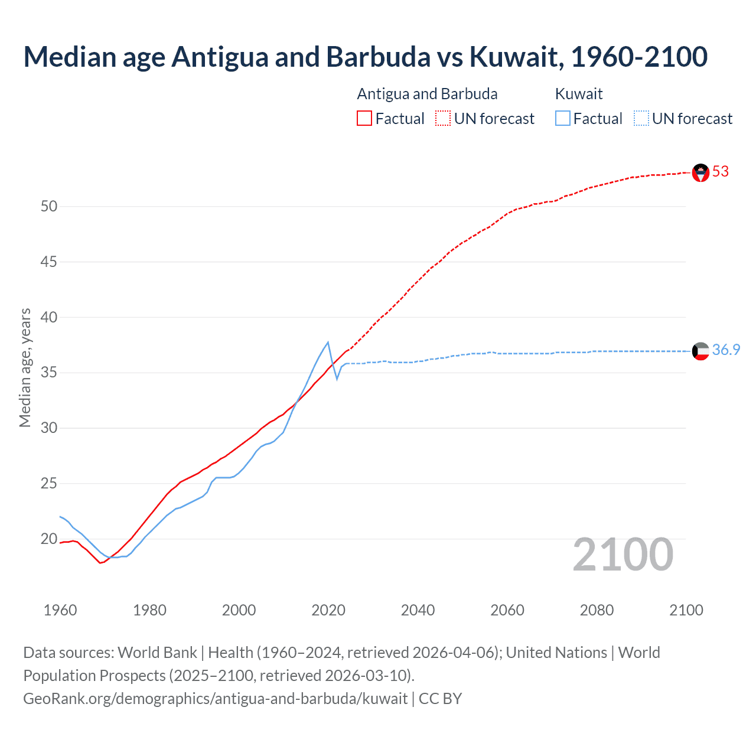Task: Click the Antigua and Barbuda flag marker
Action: [700, 172]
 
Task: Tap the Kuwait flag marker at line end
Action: [700, 351]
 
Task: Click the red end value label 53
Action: [721, 172]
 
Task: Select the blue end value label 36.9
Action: [726, 350]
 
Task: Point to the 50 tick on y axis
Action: [49, 207]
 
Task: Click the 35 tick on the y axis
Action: [49, 373]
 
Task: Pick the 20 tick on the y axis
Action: [49, 539]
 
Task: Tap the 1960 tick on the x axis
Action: [60, 610]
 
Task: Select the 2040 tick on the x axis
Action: [418, 610]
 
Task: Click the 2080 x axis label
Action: [597, 610]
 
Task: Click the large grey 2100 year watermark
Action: [623, 555]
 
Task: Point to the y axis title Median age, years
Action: [25, 367]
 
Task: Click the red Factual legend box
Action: [364, 119]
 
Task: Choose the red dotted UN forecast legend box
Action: [443, 119]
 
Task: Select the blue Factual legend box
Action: [563, 119]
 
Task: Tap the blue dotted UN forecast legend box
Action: [641, 119]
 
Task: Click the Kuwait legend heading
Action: [579, 94]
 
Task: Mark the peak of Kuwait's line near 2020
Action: [328, 343]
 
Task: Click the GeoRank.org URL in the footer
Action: [215, 699]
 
